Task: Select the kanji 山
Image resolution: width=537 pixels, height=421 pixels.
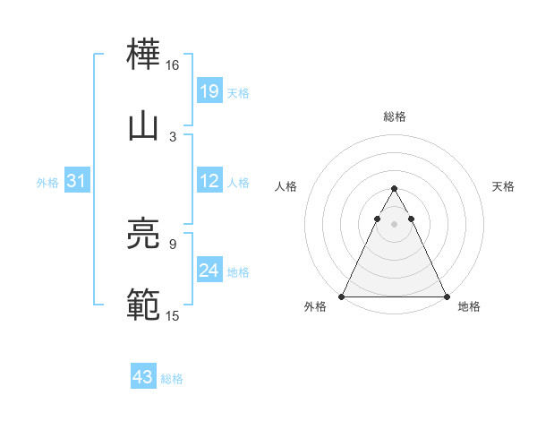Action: tap(143, 126)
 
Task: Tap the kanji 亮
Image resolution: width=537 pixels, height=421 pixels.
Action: tap(143, 235)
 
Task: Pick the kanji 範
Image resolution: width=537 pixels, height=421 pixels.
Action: tap(143, 305)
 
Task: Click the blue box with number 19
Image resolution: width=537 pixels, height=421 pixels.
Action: tap(209, 90)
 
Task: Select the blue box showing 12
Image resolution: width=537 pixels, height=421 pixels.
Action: tap(209, 181)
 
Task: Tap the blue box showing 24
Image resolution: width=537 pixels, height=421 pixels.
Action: tap(209, 270)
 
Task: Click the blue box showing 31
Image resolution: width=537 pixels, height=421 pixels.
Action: tap(77, 181)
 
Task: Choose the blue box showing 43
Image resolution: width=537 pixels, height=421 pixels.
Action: tap(143, 377)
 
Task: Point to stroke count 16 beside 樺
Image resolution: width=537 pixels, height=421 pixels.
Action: tap(173, 65)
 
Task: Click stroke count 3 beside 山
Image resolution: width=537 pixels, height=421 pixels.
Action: tap(173, 136)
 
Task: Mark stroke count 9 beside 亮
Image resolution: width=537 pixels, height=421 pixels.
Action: tap(173, 243)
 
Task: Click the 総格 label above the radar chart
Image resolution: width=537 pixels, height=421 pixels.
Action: tap(395, 116)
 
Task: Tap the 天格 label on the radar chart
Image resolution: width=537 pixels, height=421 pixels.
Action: tap(503, 186)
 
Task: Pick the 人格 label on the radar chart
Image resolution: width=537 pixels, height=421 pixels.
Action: tap(286, 186)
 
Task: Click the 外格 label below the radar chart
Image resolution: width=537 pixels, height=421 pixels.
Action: tap(316, 307)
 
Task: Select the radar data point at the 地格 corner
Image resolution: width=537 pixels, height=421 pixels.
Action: tap(447, 296)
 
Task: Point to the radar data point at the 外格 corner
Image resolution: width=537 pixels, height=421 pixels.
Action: tap(342, 296)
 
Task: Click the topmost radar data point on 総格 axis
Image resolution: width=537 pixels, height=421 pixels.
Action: tap(394, 188)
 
